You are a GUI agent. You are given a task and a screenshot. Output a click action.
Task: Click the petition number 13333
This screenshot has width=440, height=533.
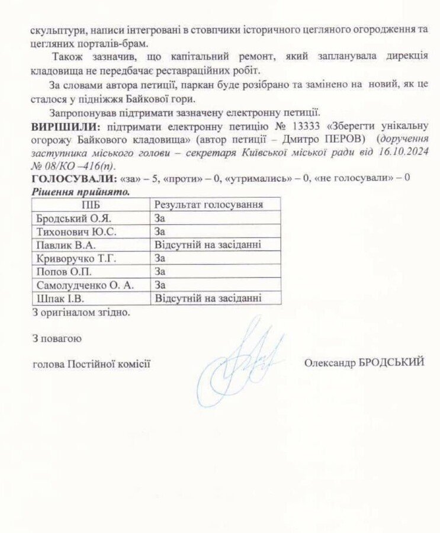[x=308, y=126]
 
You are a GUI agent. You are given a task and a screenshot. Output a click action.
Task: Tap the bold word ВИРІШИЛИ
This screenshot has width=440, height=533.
[x=65, y=126]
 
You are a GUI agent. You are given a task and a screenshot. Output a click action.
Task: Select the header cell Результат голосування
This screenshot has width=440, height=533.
[x=208, y=204]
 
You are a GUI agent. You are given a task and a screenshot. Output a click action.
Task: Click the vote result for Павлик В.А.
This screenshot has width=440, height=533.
[x=208, y=245]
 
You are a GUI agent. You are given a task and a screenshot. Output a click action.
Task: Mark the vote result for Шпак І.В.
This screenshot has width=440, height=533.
[x=208, y=298]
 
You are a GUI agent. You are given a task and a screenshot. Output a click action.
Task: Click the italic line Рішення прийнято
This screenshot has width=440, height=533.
[x=81, y=192]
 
